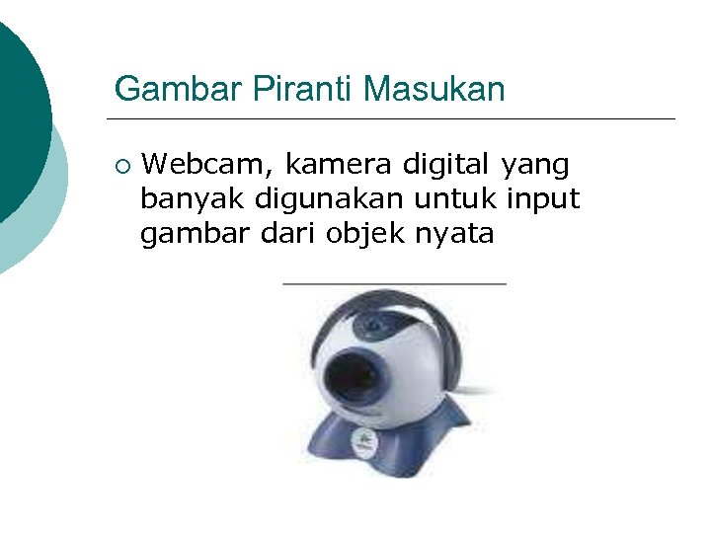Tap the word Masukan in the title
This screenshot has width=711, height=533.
(434, 90)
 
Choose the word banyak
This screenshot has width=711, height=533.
(194, 200)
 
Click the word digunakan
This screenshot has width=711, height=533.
(329, 200)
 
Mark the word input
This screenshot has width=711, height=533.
(543, 200)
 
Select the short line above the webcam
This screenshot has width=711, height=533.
(394, 283)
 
